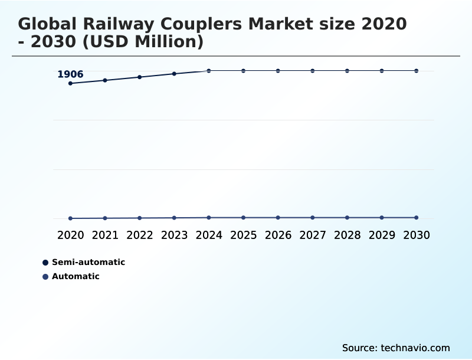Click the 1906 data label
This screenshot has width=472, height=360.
70,74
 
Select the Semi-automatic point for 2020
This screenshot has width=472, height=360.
71,83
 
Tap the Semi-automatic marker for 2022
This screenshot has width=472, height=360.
140,77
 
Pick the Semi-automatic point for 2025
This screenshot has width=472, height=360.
243,71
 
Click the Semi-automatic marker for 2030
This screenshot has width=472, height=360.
416,71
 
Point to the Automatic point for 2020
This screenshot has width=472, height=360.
71,218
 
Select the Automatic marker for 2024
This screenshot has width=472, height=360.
209,218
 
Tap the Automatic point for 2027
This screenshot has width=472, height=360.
313,218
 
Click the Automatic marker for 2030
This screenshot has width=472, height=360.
416,218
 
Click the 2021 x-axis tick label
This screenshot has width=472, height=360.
105,235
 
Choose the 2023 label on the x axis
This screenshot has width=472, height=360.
174,235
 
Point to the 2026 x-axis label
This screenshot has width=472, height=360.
278,235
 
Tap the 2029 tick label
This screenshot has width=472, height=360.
382,235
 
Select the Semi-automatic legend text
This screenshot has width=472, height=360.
88,263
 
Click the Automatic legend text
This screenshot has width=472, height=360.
76,277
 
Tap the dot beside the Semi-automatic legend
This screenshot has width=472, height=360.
45,263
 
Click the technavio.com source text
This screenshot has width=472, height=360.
415,348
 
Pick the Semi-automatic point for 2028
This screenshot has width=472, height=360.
347,71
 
